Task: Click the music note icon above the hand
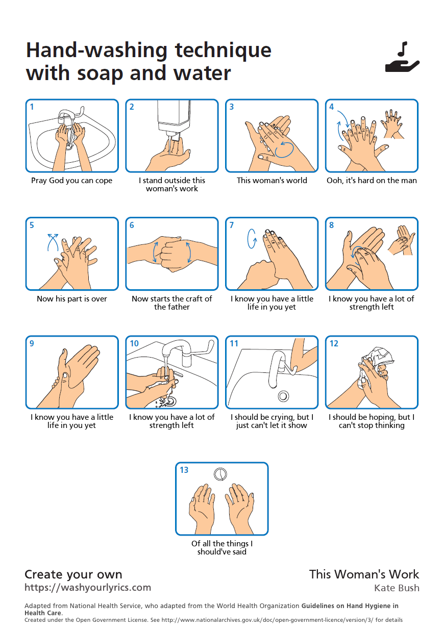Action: pyautogui.click(x=403, y=49)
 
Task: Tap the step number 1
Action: pyautogui.click(x=32, y=107)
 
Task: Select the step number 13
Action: pyautogui.click(x=184, y=470)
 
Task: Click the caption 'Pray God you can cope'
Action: pyautogui.click(x=71, y=180)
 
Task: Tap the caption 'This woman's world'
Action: pyautogui.click(x=272, y=180)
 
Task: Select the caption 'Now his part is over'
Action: pyautogui.click(x=72, y=298)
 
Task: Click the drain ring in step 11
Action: pyautogui.click(x=283, y=396)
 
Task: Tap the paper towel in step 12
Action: pyautogui.click(x=378, y=363)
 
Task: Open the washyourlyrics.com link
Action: pyautogui.click(x=88, y=587)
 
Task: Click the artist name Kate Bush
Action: pyautogui.click(x=397, y=588)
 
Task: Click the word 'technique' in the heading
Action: pyautogui.click(x=223, y=51)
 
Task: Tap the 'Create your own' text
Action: pyautogui.click(x=73, y=574)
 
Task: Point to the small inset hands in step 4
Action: pyautogui.click(x=392, y=123)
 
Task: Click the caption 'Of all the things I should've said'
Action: pyautogui.click(x=222, y=548)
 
